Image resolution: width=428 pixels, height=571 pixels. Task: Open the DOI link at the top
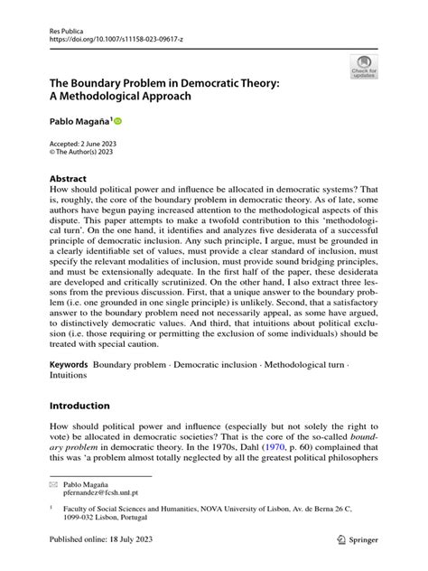[107, 41]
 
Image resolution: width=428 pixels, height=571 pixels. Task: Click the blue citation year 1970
[282, 449]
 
